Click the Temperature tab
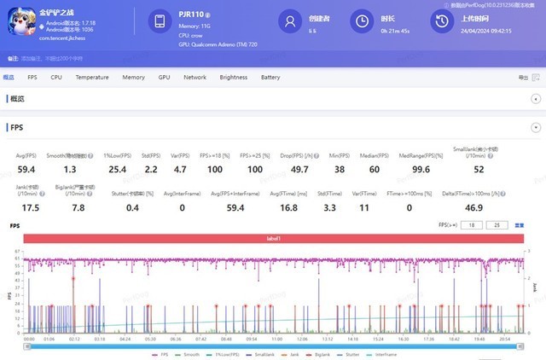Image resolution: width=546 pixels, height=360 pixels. click(92, 77)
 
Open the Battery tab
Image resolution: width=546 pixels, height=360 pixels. click(270, 77)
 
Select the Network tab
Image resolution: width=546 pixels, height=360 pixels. click(195, 77)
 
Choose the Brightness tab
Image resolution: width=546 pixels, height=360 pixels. click(233, 77)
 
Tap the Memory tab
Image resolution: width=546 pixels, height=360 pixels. click(133, 77)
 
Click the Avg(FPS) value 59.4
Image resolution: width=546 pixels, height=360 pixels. click(26, 170)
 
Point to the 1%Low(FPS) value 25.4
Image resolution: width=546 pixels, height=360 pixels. click(119, 170)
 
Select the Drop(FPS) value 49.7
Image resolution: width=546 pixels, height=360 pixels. click(299, 170)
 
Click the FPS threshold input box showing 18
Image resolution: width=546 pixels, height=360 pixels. click(473, 226)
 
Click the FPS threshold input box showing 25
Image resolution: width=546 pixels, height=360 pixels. click(497, 226)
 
